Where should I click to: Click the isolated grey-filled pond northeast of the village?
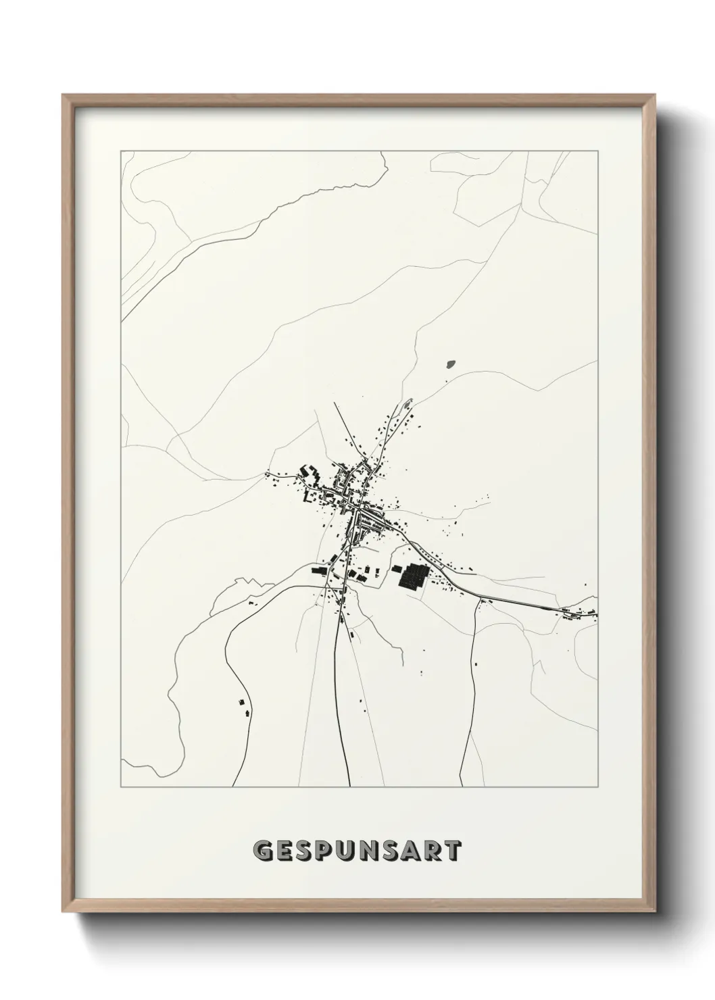pyautogui.click(x=451, y=364)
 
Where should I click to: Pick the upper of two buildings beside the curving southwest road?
pyautogui.click(x=240, y=703)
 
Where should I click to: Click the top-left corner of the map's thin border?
pyautogui.click(x=121, y=151)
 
